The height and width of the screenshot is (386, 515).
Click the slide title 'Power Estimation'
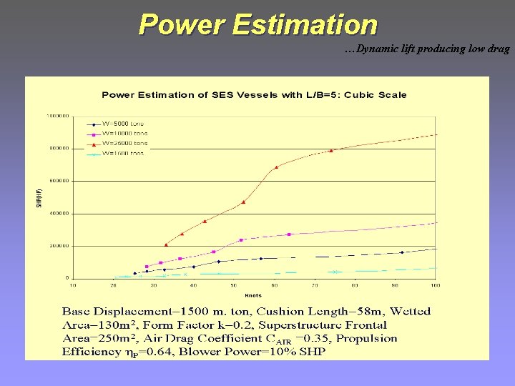pos(257,24)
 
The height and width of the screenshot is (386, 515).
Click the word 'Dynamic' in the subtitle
pos(380,49)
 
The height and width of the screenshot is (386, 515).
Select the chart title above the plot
pos(254,94)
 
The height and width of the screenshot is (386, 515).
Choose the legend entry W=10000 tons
pos(126,133)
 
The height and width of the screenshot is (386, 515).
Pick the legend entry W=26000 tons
pos(126,143)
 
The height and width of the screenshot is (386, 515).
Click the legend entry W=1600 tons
pos(123,153)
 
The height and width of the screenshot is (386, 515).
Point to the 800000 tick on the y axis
pos(58,149)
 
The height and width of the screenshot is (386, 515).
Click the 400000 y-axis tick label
pos(58,213)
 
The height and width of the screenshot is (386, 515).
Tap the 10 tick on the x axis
pos(73,285)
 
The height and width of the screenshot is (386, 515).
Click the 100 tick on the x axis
pos(435,285)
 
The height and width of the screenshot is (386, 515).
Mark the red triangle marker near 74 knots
pos(331,150)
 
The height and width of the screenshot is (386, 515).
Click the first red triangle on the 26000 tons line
pos(166,244)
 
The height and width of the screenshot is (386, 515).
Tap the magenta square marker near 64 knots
pos(290,234)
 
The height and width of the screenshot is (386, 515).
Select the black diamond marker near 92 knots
pos(402,252)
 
